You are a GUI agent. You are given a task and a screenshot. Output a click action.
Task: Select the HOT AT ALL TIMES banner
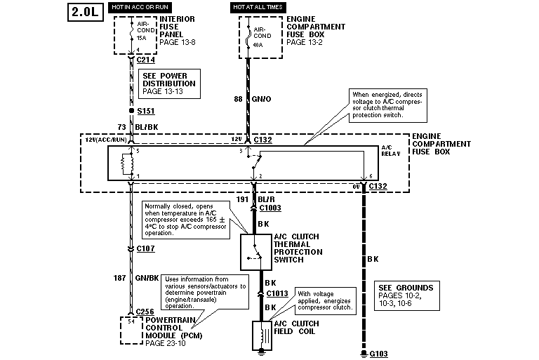click(258, 7)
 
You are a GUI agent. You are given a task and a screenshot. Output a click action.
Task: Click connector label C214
click(145, 60)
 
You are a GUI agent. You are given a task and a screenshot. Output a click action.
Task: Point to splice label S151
click(145, 111)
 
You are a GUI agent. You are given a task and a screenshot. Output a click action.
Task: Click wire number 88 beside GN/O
click(238, 99)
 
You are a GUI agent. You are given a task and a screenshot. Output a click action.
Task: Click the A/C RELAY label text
click(391, 152)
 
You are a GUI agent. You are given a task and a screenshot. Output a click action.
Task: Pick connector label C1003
click(269, 208)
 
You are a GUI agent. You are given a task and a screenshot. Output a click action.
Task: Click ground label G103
click(378, 355)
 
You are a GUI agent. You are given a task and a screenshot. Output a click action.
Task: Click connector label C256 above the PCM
click(145, 311)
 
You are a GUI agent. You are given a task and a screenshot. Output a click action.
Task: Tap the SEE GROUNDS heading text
click(406, 287)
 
